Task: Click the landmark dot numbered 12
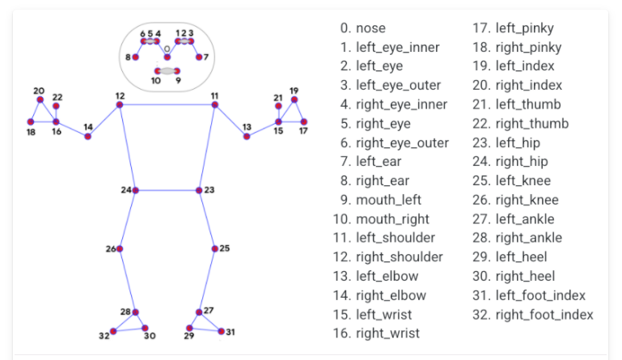pos(120,104)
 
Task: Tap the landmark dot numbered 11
pos(215,104)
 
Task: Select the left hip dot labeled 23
pos(199,190)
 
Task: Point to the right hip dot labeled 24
pos(136,190)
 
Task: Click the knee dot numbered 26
pos(121,249)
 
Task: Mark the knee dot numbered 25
pos(214,249)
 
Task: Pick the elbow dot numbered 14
pos(88,137)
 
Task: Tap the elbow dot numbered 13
pos(247,137)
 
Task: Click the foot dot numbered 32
pos(112,331)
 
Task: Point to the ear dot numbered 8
pos(135,57)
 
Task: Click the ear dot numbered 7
pos(199,57)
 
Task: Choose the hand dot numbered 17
pos(304,122)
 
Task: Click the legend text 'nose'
pos(370,28)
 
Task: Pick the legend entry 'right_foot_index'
pos(544,315)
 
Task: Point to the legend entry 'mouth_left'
pos(388,200)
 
